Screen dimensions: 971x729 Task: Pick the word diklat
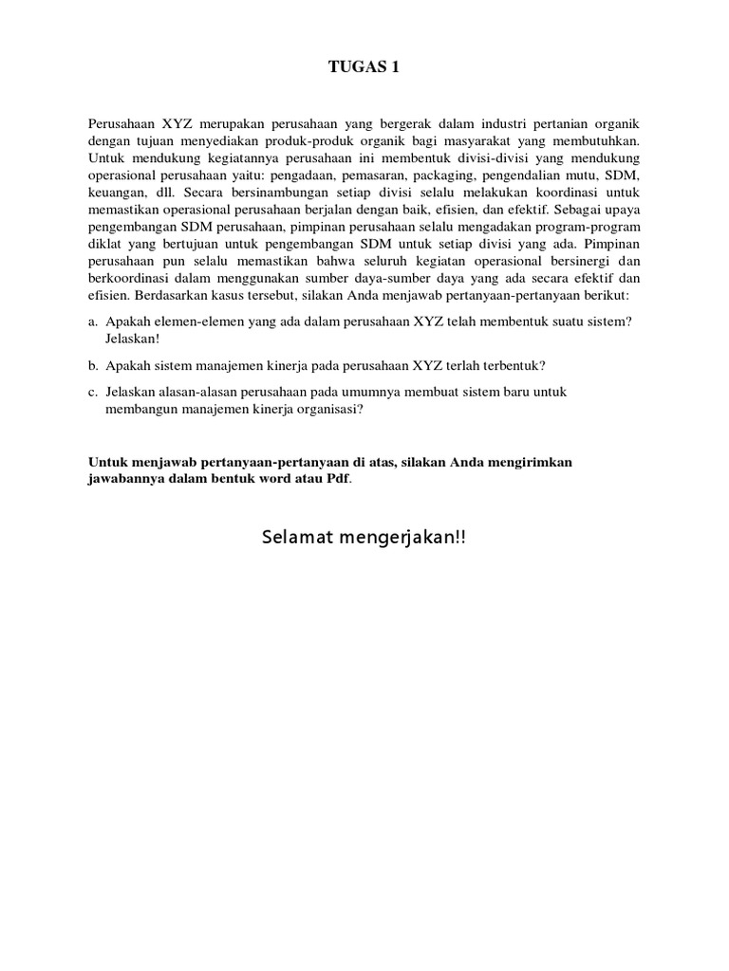105,244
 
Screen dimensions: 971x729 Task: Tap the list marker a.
93,321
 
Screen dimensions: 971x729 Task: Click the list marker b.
93,365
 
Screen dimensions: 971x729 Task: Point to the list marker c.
93,392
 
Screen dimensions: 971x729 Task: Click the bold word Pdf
338,479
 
